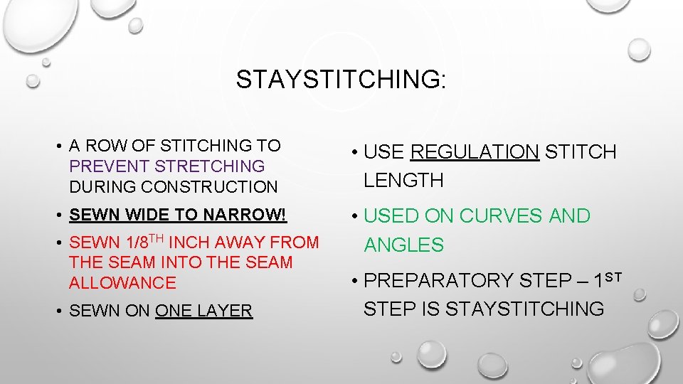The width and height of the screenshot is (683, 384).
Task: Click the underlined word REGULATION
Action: [475, 152]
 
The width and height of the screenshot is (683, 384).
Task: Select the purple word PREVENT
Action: [110, 166]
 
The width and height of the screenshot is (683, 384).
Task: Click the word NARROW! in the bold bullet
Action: [248, 215]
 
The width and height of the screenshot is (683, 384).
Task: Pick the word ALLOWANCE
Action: [122, 283]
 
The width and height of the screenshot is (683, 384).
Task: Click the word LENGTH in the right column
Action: [403, 181]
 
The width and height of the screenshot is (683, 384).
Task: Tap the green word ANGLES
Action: [403, 245]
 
